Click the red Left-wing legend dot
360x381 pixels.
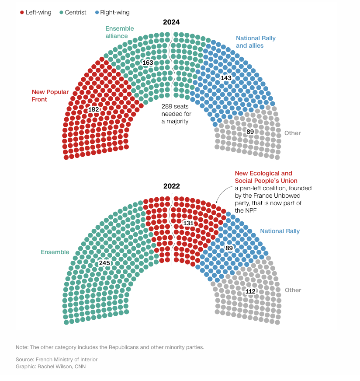(22, 13)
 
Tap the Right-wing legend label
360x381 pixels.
(114, 13)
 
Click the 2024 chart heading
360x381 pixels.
(171, 22)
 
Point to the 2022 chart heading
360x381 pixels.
(171, 186)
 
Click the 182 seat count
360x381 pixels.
(93, 109)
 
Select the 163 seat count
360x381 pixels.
(148, 63)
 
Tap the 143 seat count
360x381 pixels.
(226, 78)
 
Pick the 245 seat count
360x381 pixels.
(104, 263)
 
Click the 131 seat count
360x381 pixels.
(188, 223)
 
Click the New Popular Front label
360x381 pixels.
(50, 96)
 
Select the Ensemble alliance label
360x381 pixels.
(119, 32)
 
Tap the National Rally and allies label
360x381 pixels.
(256, 42)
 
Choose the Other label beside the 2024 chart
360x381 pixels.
(292, 133)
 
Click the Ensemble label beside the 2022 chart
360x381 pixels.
(55, 252)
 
